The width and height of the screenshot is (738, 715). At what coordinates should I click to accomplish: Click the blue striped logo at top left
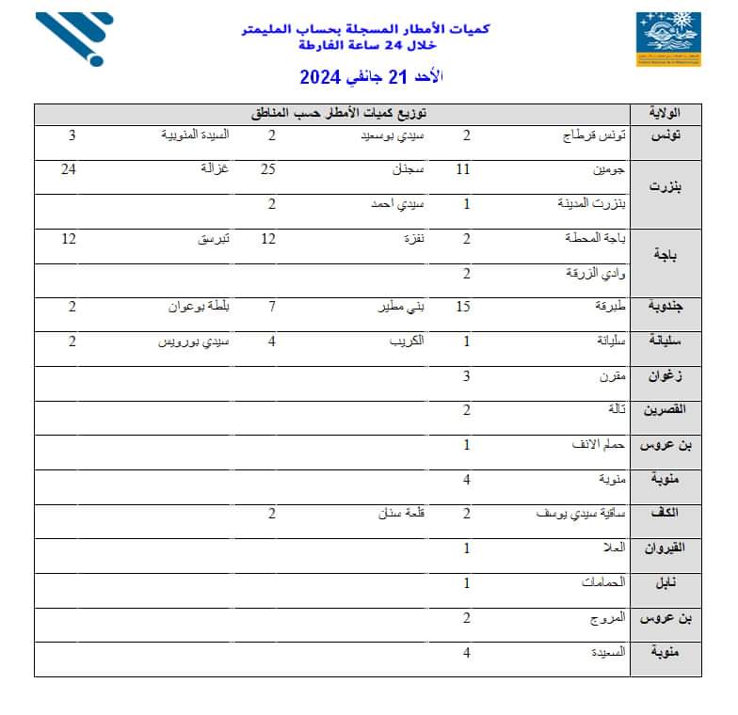click(x=74, y=39)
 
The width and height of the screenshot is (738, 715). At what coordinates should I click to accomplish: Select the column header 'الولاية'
click(x=672, y=114)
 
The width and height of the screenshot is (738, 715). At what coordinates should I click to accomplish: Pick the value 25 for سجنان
click(x=268, y=170)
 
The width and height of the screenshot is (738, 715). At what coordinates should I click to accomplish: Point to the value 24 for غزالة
click(x=68, y=170)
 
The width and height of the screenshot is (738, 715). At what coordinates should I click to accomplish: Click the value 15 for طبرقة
click(x=463, y=307)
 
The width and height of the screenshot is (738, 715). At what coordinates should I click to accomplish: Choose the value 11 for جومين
click(x=462, y=170)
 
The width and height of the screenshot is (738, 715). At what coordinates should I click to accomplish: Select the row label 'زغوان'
click(x=674, y=376)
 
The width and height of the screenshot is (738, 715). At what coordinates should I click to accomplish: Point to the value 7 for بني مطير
click(x=272, y=307)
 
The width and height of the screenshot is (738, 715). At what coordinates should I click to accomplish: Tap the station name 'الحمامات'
click(x=603, y=583)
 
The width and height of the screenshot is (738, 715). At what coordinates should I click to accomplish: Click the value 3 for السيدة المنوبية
click(x=72, y=135)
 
